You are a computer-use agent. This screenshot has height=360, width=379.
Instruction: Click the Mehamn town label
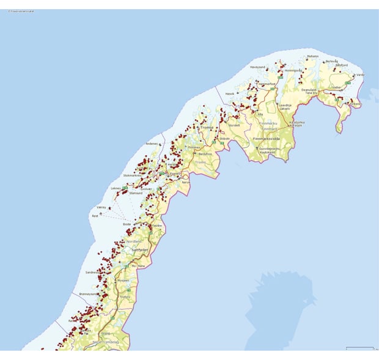click(x=312, y=56)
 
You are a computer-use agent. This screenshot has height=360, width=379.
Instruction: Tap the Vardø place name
click(x=361, y=75)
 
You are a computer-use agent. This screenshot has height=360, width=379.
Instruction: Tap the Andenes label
click(x=152, y=144)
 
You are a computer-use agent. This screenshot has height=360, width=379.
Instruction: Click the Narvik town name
click(x=186, y=182)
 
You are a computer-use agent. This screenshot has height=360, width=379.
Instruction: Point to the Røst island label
click(x=94, y=215)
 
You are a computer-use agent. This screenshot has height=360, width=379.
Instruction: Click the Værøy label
click(x=101, y=207)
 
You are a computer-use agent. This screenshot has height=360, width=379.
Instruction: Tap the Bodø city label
click(x=127, y=224)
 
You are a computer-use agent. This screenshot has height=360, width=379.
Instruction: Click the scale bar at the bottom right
click(x=359, y=348)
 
